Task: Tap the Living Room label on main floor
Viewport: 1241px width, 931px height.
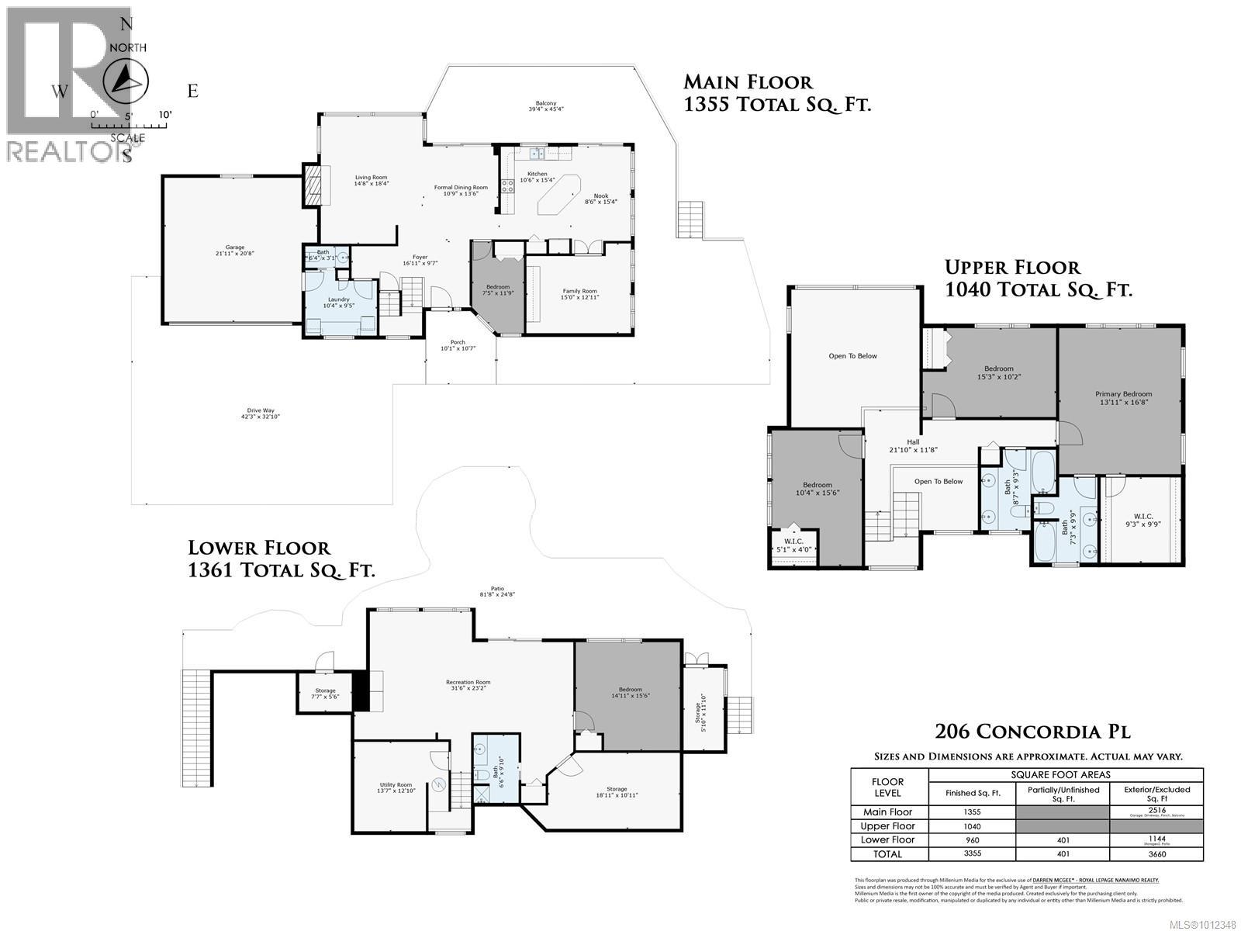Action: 371,180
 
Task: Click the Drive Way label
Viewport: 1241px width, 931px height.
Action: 261,414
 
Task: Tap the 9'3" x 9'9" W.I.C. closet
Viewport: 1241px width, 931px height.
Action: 1143,520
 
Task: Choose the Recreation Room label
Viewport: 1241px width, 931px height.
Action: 470,685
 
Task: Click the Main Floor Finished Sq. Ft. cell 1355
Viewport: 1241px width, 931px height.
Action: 971,812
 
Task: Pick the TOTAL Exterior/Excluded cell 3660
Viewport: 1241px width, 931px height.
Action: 1156,854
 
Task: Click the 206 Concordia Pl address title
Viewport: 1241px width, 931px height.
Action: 1032,732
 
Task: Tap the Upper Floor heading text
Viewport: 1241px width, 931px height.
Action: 1011,268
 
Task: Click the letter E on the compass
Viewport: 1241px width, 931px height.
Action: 193,91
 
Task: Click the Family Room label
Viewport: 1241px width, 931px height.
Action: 580,294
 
